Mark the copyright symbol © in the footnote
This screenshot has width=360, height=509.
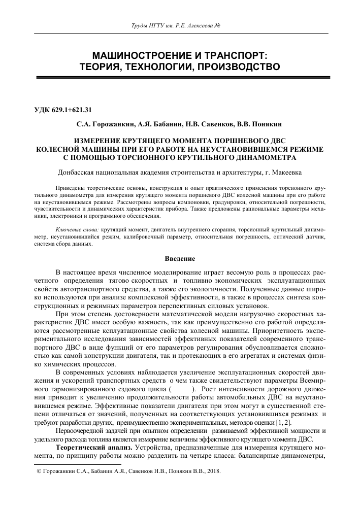click(35, 471)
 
